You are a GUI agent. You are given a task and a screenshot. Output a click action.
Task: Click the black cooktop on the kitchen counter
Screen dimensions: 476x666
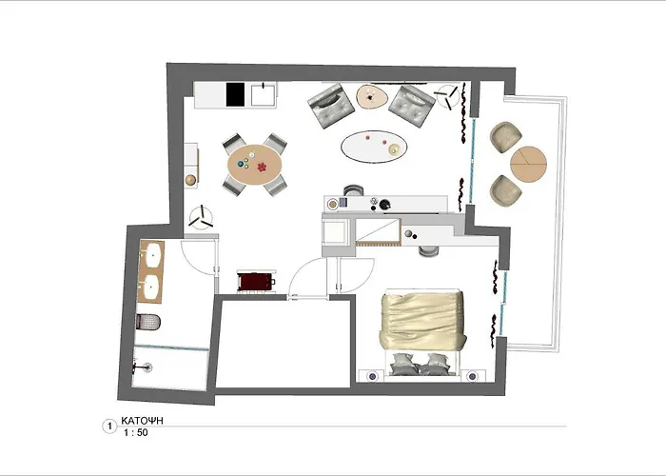(x=235, y=94)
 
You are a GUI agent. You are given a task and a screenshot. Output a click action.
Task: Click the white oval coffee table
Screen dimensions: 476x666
(x=371, y=147)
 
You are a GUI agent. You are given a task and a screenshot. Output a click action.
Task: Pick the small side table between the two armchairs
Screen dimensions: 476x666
(x=372, y=95)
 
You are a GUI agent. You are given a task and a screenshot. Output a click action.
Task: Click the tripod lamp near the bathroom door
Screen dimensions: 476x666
(x=201, y=217)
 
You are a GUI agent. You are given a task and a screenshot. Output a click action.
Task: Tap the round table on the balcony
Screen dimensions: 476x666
(x=530, y=164)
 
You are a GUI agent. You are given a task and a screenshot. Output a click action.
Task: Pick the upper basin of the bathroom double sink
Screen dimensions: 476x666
(x=150, y=254)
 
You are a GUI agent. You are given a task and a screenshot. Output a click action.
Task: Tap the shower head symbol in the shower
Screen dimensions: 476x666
(x=142, y=365)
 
